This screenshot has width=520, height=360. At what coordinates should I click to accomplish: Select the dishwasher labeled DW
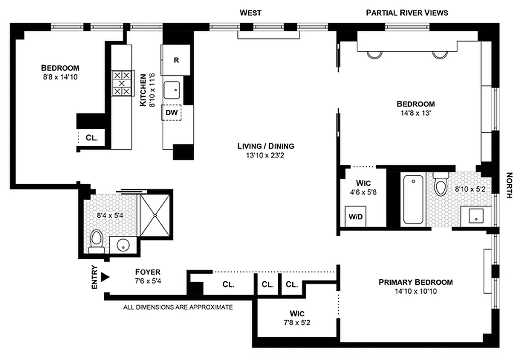tap(172, 113)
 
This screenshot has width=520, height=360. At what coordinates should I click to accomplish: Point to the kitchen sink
tap(172, 90)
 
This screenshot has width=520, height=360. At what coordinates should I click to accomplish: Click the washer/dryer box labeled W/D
tap(355, 216)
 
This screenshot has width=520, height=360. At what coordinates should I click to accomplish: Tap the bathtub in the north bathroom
tap(413, 200)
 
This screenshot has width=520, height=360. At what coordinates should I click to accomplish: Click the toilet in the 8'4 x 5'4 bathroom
tap(96, 241)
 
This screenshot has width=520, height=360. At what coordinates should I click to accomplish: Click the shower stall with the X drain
tap(155, 215)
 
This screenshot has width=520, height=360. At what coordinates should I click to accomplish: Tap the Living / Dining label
tap(266, 146)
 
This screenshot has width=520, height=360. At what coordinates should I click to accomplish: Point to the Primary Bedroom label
tap(415, 282)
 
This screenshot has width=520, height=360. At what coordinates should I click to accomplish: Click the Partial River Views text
tap(407, 13)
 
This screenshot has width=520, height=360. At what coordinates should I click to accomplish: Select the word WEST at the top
tap(250, 13)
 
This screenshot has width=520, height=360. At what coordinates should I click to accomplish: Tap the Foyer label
tap(148, 272)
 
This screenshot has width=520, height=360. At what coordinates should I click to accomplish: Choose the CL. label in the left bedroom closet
tap(92, 138)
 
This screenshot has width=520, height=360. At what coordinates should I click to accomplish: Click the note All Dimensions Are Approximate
tap(178, 307)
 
